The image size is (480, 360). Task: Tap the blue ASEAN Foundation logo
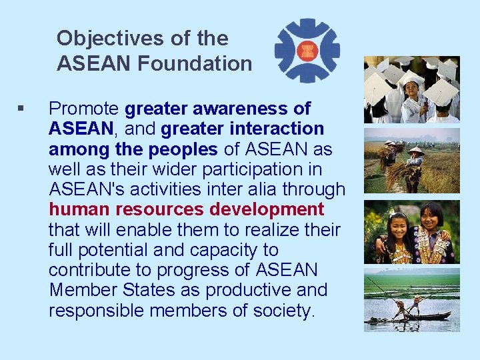click(307, 51)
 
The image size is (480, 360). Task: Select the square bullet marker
click(22, 108)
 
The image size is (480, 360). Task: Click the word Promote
click(84, 108)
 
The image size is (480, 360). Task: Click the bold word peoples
click(185, 149)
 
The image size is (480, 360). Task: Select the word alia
click(246, 189)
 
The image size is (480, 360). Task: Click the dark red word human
click(79, 209)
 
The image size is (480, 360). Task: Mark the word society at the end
click(286, 311)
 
